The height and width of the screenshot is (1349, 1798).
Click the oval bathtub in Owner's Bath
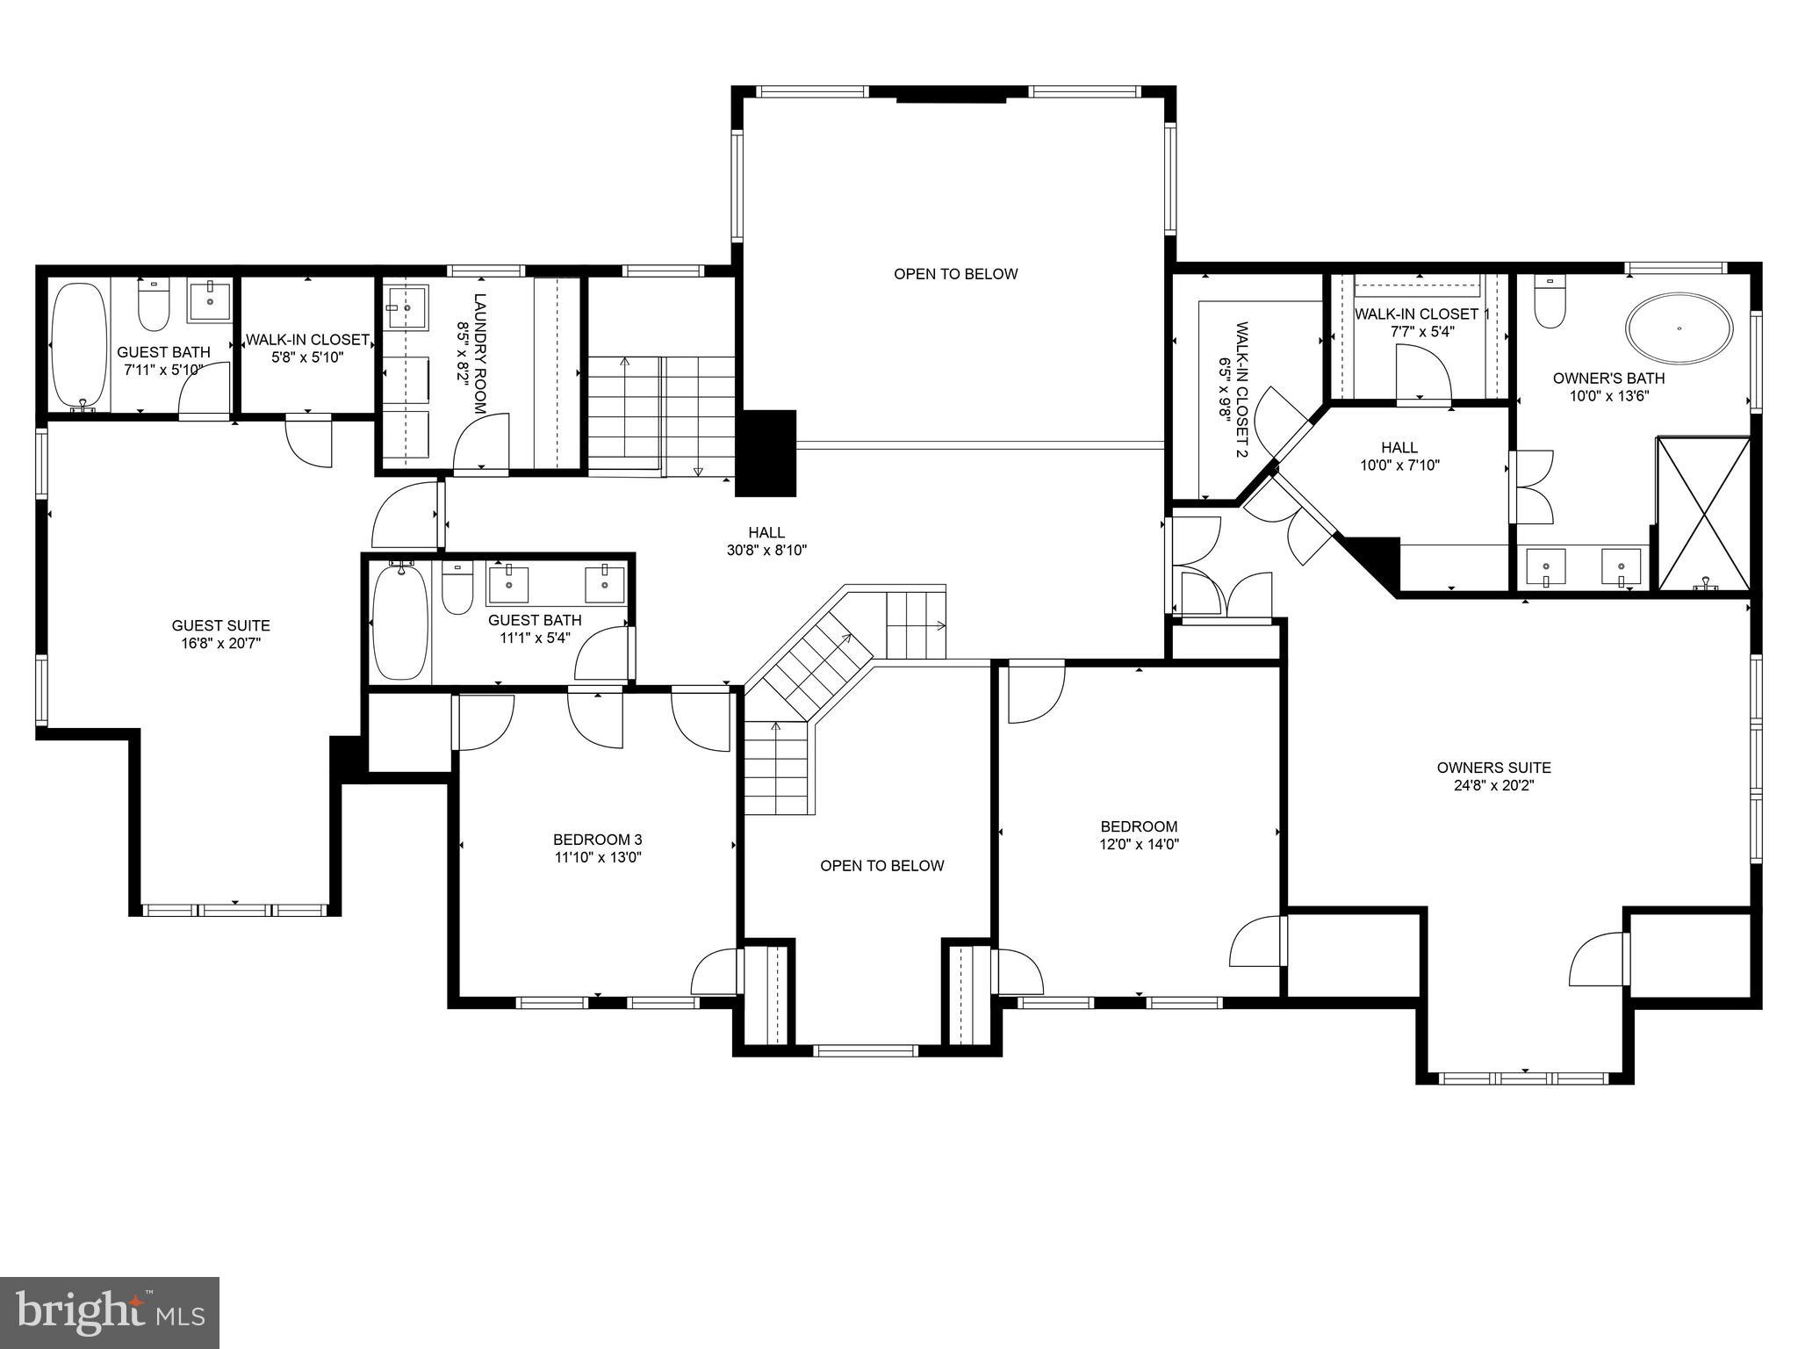(x=1679, y=329)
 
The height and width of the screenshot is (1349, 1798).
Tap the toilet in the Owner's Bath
(x=1550, y=303)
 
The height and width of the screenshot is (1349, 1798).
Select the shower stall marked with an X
(x=1702, y=514)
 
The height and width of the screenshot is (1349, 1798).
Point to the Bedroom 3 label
(x=597, y=840)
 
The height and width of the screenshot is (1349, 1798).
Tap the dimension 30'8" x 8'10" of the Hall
(x=766, y=551)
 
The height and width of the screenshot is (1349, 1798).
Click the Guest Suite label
(x=220, y=625)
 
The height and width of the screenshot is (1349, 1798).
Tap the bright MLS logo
(x=110, y=1313)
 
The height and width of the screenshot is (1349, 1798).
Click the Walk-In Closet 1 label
(x=1421, y=314)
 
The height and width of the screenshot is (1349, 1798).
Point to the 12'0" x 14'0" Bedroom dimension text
(x=1139, y=844)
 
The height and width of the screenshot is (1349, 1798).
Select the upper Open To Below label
(x=955, y=274)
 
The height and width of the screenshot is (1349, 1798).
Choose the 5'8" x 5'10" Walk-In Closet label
(x=306, y=340)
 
